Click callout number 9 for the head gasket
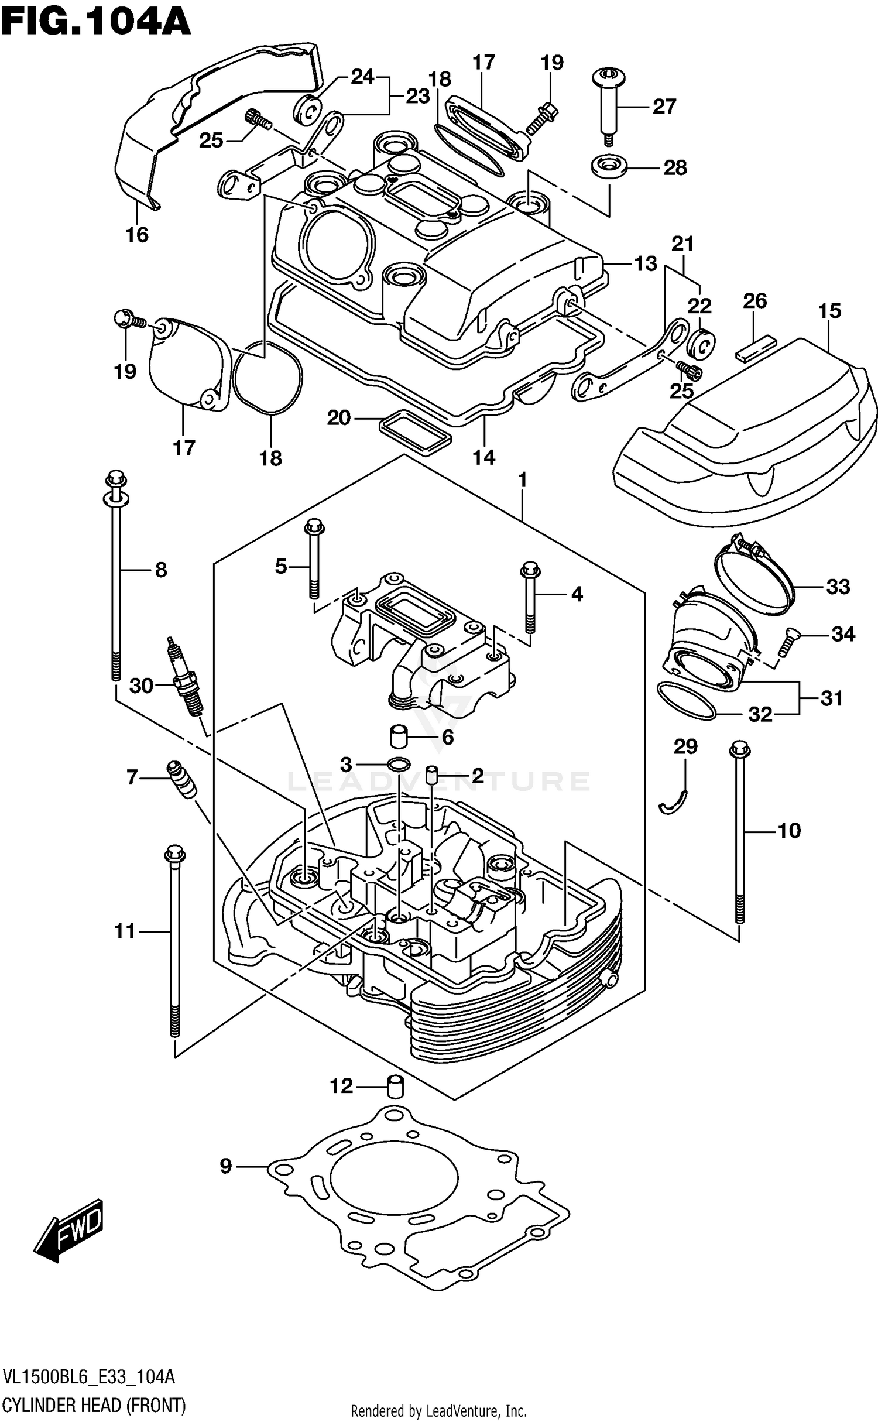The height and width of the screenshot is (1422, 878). tap(226, 1166)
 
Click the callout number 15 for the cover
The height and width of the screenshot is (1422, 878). tap(829, 311)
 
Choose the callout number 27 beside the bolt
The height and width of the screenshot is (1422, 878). tap(664, 106)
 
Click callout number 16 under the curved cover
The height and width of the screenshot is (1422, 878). tap(137, 235)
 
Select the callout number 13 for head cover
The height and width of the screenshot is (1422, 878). tap(646, 264)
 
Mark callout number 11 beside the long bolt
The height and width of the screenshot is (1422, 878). tap(125, 931)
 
